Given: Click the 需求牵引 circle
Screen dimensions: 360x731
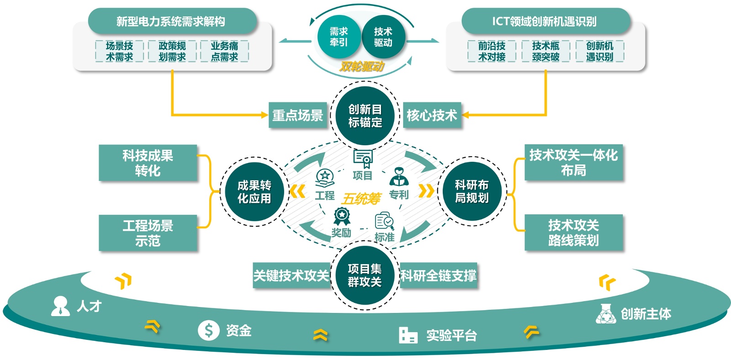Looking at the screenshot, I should click(x=339, y=37).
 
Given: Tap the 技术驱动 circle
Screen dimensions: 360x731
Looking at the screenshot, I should click(x=383, y=37).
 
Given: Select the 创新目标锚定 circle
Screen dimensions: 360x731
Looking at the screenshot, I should click(x=365, y=116).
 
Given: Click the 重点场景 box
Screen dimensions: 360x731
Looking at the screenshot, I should click(x=297, y=115).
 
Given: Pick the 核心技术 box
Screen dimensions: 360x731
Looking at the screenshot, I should click(x=432, y=115).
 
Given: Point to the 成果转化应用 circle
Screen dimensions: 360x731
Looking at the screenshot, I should click(x=254, y=192).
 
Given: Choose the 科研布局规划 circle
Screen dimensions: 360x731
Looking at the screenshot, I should click(x=472, y=191).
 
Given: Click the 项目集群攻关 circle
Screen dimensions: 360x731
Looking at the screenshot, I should click(x=365, y=275).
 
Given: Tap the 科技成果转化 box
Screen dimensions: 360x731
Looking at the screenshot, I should click(x=148, y=163).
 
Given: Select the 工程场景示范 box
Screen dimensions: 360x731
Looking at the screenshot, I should click(x=148, y=233).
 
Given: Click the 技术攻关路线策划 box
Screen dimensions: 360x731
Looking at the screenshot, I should click(x=573, y=233).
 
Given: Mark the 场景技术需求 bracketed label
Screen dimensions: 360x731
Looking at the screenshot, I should click(x=119, y=51).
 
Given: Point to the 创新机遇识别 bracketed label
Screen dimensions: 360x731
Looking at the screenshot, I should click(x=599, y=51).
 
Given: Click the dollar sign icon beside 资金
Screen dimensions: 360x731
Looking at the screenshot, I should click(x=208, y=330).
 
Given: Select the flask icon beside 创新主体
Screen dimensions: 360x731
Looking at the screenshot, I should click(x=606, y=314).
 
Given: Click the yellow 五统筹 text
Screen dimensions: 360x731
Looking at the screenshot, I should click(x=361, y=199).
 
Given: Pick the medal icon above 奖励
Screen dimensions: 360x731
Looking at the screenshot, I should click(x=341, y=216).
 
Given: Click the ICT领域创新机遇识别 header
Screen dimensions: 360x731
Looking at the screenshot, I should click(x=546, y=21).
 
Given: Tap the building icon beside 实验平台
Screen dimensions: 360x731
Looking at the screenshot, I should click(x=408, y=335).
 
